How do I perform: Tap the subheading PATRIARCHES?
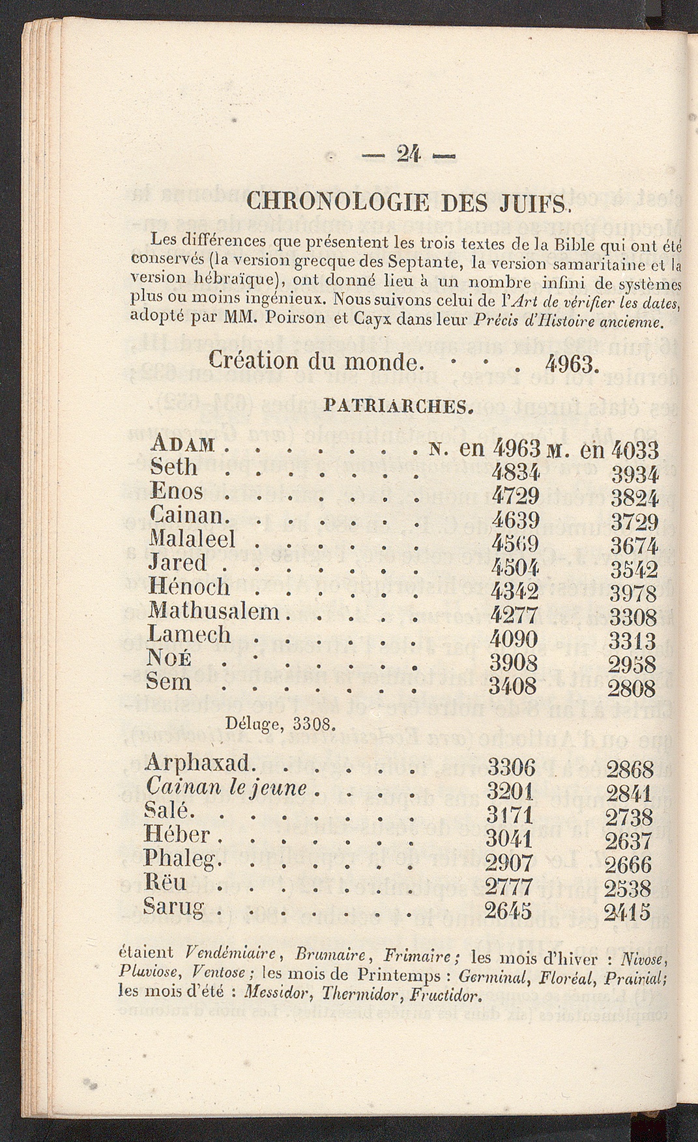tap(398, 407)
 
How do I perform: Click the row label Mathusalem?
tap(214, 611)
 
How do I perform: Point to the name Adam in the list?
tap(182, 445)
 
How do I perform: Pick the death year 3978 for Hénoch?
tap(633, 593)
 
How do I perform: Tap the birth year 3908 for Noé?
tap(514, 662)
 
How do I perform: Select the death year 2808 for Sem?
tap(632, 688)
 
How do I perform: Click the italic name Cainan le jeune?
tap(227, 787)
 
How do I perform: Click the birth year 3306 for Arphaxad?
tap(511, 767)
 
